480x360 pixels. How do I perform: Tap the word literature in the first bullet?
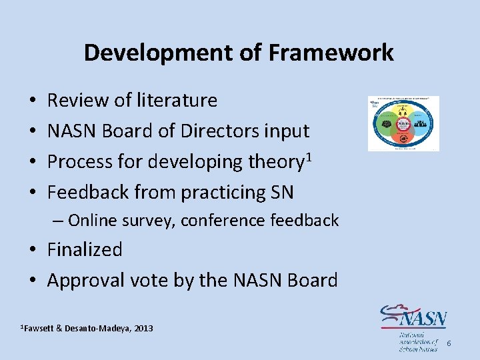177,101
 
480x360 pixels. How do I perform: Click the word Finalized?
85,250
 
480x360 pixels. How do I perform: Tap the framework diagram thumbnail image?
404,123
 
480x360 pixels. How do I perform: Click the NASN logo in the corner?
413,327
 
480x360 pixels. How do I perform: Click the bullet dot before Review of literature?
33,101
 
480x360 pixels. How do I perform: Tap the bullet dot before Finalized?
33,251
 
